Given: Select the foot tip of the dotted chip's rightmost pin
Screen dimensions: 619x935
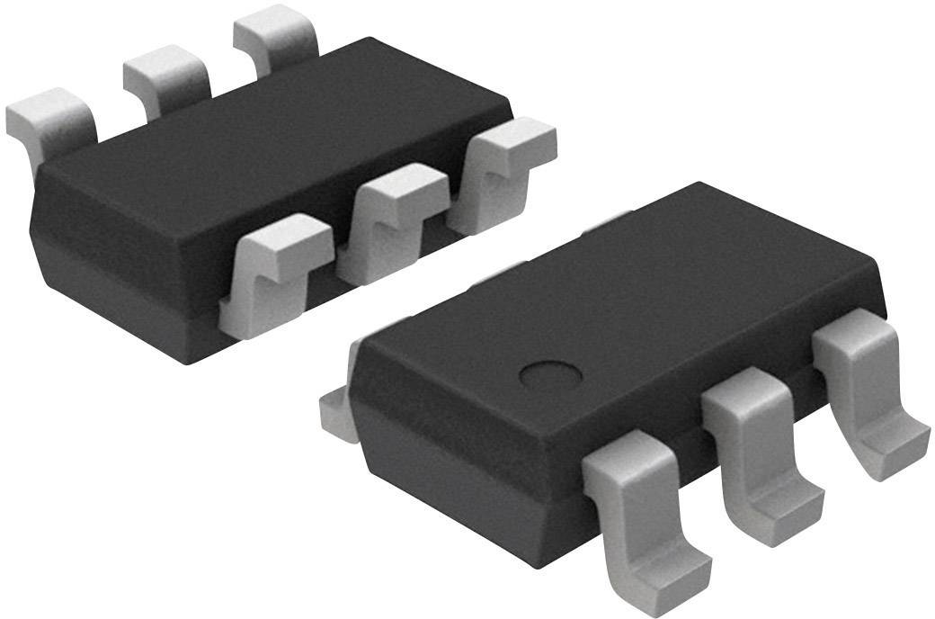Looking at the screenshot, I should point(895,445).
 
